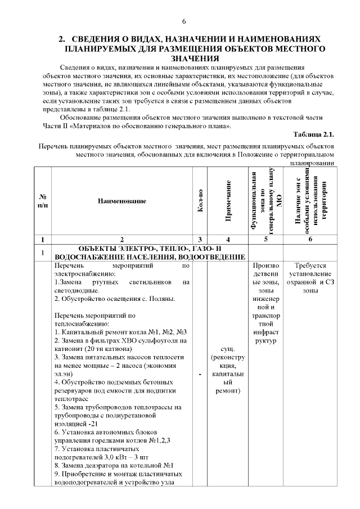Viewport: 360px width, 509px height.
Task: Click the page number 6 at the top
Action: (183, 21)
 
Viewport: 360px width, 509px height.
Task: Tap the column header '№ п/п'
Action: (43, 201)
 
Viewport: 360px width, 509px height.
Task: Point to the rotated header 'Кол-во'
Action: (201, 201)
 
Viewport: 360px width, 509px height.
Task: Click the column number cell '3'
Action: (201, 239)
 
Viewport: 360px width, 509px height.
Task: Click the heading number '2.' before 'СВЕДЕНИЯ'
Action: (63, 39)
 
